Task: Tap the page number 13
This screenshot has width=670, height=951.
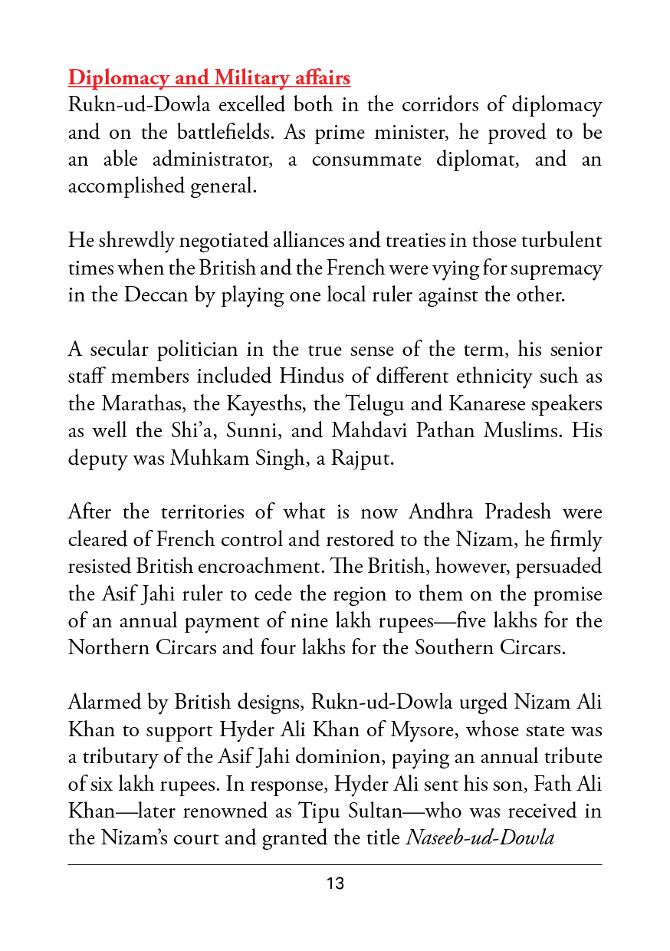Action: (x=335, y=884)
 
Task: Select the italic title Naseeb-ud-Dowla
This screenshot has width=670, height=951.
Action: (x=479, y=837)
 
